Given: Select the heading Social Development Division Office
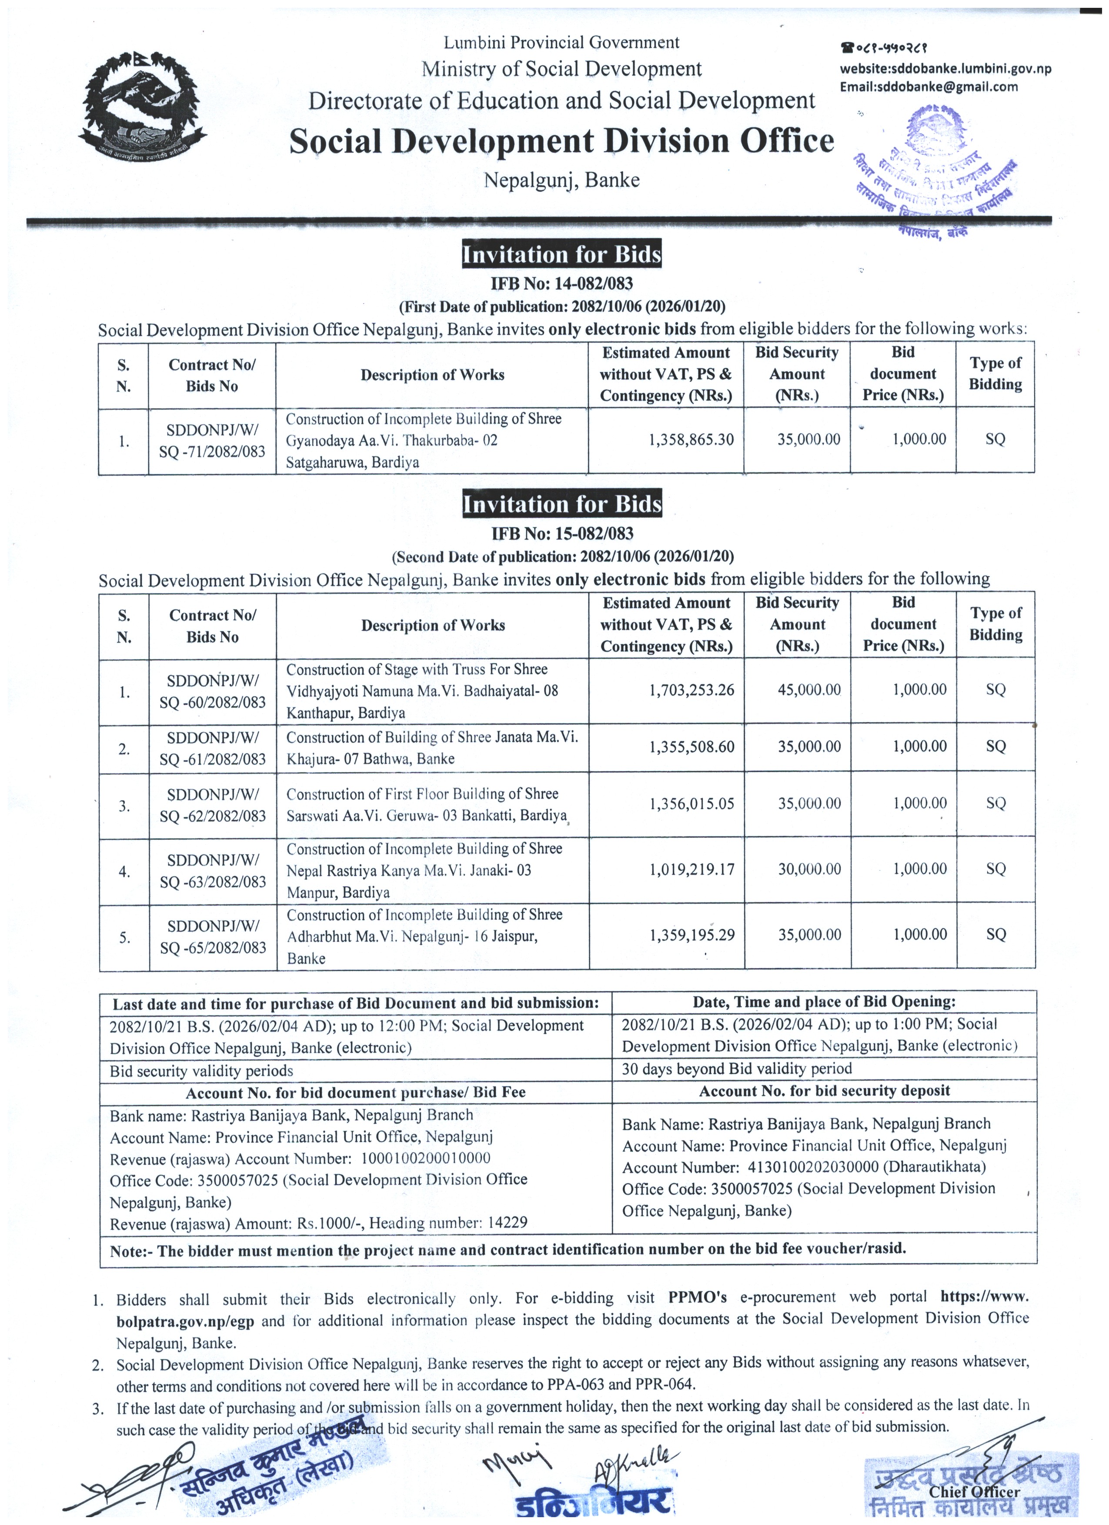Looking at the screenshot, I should (x=561, y=142).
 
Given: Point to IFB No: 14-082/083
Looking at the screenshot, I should (x=561, y=284).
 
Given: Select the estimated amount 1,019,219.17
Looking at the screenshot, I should (x=691, y=869).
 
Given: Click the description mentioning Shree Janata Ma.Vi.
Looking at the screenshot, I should (x=432, y=748).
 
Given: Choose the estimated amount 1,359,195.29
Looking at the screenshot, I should (x=691, y=935).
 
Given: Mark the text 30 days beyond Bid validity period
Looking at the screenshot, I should (x=736, y=1069).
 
